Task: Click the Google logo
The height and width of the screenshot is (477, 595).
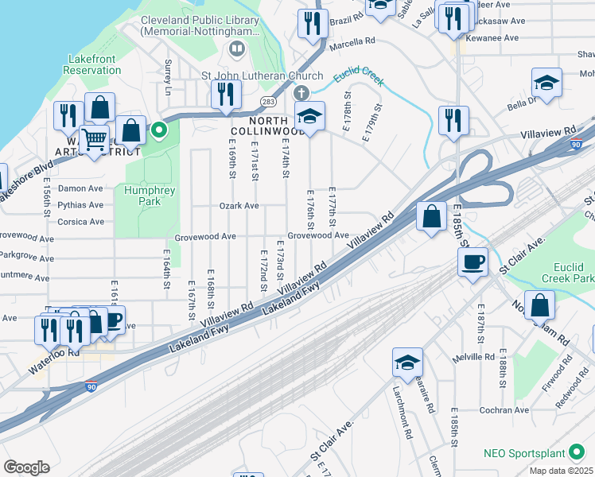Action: tap(26, 467)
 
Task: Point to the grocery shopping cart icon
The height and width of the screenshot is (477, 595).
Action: tap(95, 140)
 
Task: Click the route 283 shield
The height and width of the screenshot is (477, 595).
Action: tap(268, 102)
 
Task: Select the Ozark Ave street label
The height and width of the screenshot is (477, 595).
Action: tap(239, 206)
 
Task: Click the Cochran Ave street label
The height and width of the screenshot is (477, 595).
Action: tap(504, 410)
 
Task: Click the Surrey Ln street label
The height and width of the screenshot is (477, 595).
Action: tap(168, 76)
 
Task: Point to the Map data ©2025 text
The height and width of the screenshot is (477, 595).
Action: tap(562, 471)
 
